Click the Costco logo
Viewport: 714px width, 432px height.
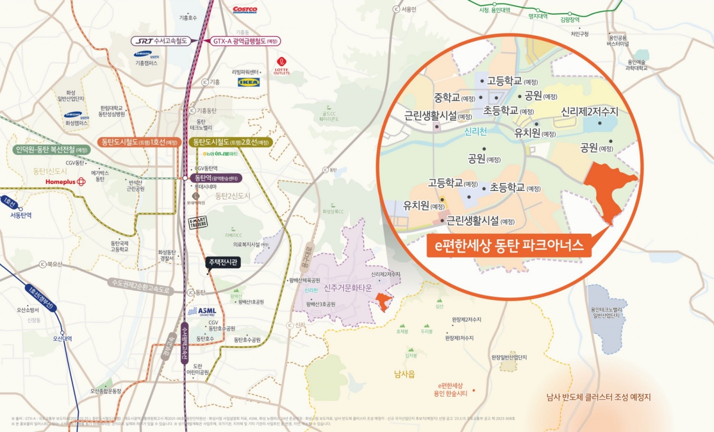pyautogui.click(x=245, y=10)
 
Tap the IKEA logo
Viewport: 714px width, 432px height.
pyautogui.click(x=248, y=82)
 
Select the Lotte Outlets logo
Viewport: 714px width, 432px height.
pyautogui.click(x=281, y=66)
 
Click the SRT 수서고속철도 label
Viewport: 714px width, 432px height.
pyautogui.click(x=161, y=41)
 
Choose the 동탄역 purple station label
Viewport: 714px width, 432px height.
pyautogui.click(x=216, y=178)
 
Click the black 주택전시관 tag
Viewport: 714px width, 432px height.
pyautogui.click(x=223, y=262)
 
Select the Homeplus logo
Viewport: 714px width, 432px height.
pyautogui.click(x=65, y=181)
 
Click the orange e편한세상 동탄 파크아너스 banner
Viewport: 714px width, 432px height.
pyautogui.click(x=509, y=245)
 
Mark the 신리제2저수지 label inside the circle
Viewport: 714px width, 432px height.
pyautogui.click(x=589, y=112)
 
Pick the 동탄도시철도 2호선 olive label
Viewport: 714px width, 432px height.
pyautogui.click(x=231, y=142)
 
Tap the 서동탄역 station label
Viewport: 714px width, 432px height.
pyautogui.click(x=21, y=215)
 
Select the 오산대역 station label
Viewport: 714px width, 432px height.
pyautogui.click(x=62, y=339)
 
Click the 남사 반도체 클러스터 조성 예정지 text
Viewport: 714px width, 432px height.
pyautogui.click(x=598, y=397)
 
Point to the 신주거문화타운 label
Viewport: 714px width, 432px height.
pyautogui.click(x=348, y=288)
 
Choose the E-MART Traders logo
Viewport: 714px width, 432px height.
pyautogui.click(x=198, y=222)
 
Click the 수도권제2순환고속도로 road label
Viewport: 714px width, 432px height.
pyautogui.click(x=140, y=286)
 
